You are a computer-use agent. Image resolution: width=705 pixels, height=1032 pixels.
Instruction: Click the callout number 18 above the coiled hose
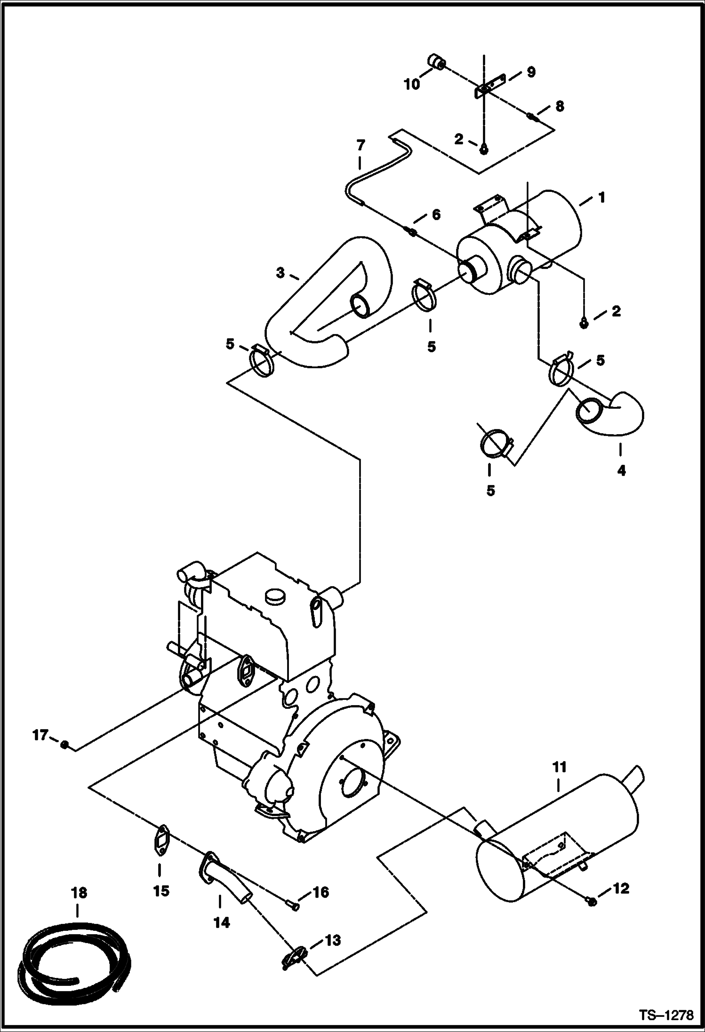pos(79,893)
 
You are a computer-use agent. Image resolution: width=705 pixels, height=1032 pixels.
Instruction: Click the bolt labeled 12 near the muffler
pos(592,900)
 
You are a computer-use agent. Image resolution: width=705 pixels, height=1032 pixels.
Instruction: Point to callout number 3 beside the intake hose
pos(280,272)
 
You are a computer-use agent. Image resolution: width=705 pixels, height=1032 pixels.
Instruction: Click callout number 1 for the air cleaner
pos(601,198)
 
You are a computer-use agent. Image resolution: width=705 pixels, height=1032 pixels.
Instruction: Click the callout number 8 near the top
pos(559,106)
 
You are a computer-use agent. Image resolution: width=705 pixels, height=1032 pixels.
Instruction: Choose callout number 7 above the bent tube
pos(360,146)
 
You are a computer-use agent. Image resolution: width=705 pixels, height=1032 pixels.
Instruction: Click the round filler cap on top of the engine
pos(274,596)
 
